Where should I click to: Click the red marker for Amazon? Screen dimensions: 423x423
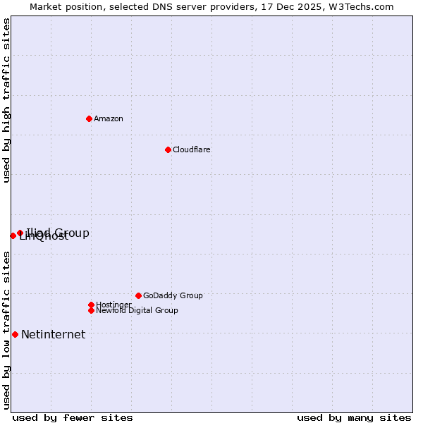tap(89, 118)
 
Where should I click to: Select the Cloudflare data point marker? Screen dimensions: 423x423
tap(168, 149)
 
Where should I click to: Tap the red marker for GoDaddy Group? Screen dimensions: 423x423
tap(138, 295)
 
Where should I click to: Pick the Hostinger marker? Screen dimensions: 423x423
tap(91, 305)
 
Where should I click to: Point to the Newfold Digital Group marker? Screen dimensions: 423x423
tap(91, 310)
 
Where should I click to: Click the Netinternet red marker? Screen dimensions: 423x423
tap(15, 334)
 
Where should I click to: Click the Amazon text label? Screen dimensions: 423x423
tap(109, 118)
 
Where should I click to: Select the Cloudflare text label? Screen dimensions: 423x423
tap(192, 149)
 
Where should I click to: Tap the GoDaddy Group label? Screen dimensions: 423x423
tap(173, 295)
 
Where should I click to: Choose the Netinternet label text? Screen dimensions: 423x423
tap(53, 334)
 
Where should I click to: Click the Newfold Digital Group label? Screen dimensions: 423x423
tap(137, 310)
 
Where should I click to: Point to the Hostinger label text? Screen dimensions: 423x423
tap(114, 305)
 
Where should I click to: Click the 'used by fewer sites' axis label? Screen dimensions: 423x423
tap(73, 417)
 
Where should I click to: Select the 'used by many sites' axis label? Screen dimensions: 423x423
tap(354, 417)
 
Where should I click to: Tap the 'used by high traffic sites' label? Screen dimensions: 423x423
tap(7, 100)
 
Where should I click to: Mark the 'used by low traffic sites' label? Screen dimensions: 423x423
tap(7, 330)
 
